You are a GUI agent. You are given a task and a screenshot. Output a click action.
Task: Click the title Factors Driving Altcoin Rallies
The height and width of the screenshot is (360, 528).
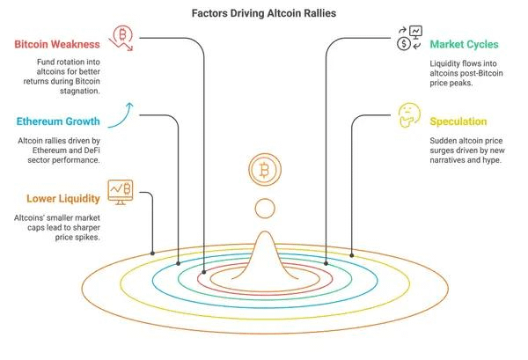(x=263, y=14)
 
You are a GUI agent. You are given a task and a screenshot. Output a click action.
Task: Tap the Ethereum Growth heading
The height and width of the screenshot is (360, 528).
(x=59, y=121)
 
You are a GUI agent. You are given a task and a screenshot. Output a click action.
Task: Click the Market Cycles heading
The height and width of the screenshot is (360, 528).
(x=465, y=43)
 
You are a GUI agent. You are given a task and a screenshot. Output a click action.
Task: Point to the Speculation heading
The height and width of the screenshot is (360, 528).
(x=458, y=121)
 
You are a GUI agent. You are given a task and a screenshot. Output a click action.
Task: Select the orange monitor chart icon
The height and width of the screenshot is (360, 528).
(x=120, y=188)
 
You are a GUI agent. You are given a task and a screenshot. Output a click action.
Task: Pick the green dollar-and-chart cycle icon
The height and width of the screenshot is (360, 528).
(x=407, y=37)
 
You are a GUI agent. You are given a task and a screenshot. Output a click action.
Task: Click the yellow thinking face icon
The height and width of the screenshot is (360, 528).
(x=407, y=114)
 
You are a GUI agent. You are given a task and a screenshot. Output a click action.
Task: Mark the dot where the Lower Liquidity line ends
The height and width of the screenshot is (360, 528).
(x=153, y=253)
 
